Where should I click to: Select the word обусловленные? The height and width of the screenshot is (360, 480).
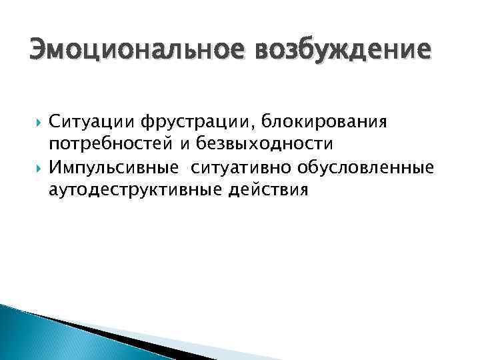[x=365, y=167]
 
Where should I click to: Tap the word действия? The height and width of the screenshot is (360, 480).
[x=269, y=190]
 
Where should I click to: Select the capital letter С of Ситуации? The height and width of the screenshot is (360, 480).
[x=54, y=123]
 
